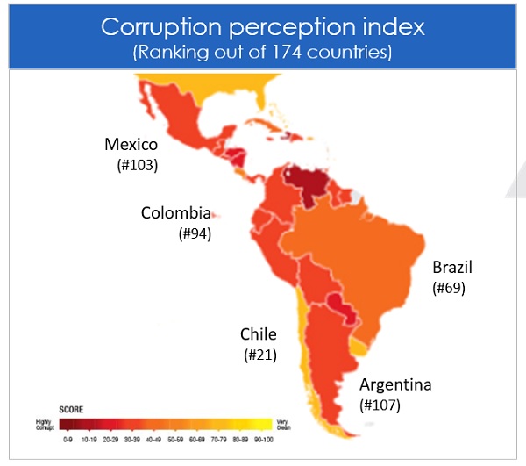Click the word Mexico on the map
[131, 145]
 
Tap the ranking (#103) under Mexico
[137, 165]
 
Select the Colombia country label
[176, 213]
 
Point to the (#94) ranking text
[195, 233]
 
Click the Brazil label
[451, 268]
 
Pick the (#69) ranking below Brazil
[448, 288]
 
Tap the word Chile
[259, 334]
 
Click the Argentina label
[395, 385]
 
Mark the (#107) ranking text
[380, 405]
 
